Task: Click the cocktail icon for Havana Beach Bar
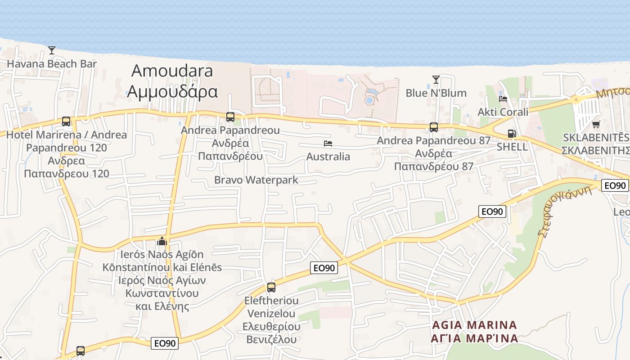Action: point(52,50)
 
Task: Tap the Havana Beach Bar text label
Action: point(52,63)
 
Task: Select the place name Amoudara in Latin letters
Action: point(172,71)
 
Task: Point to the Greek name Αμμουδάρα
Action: point(172,91)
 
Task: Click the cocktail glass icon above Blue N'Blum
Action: point(436,80)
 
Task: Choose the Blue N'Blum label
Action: point(436,93)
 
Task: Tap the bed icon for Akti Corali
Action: point(503,99)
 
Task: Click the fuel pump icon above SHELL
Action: point(512,133)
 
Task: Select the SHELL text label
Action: point(512,147)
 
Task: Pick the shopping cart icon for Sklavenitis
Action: point(596,124)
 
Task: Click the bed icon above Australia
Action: point(328,144)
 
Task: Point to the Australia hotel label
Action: point(328,157)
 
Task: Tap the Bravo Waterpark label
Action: point(256,180)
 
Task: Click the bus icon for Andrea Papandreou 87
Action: point(434,127)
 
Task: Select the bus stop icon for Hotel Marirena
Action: point(66,121)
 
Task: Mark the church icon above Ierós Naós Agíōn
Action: point(162,241)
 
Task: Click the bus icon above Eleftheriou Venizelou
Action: point(271,287)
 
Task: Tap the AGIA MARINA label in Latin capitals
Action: point(475,325)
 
